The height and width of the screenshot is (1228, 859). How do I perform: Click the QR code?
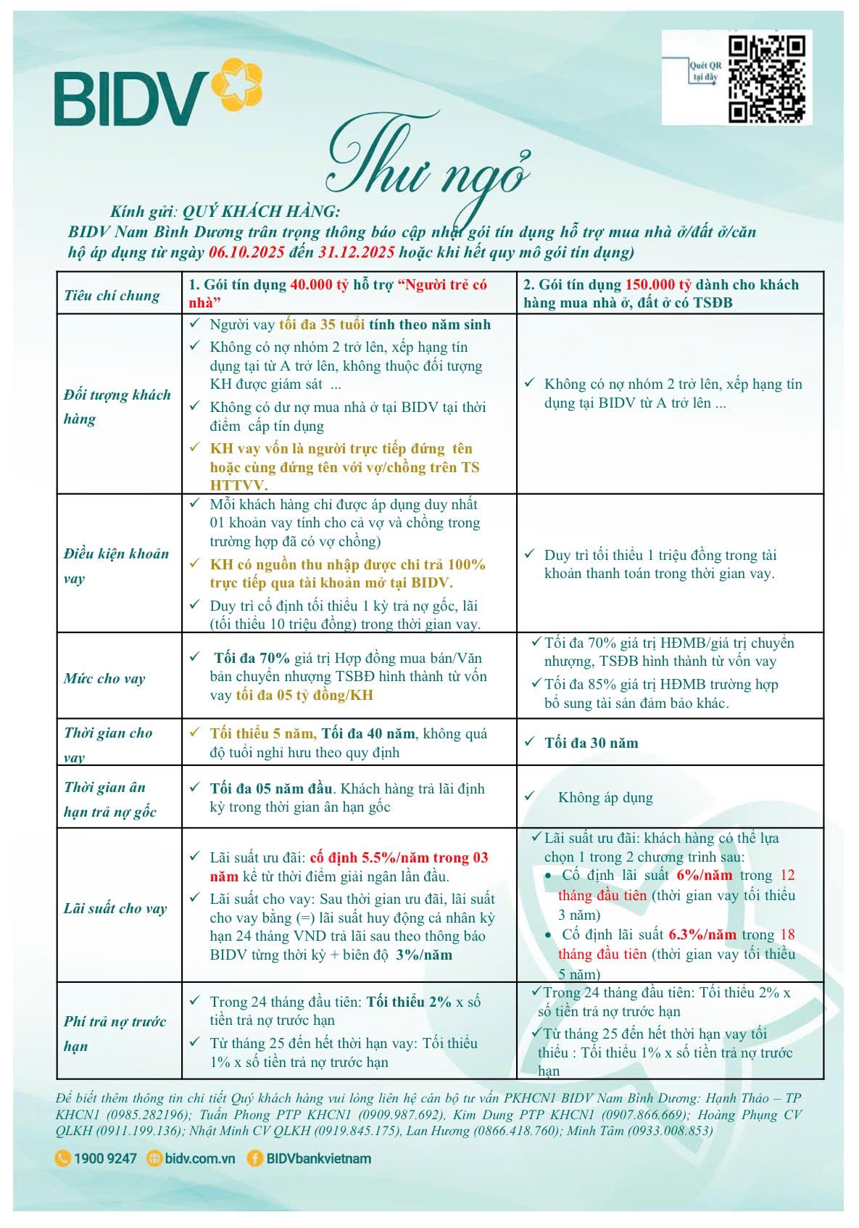coord(766,78)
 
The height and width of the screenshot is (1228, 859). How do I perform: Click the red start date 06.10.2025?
coord(246,252)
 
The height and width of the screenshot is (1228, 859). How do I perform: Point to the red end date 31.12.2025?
coord(356,252)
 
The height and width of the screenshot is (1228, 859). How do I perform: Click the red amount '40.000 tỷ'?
coord(320,285)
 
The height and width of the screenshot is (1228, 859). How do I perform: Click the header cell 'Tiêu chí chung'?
coord(112,295)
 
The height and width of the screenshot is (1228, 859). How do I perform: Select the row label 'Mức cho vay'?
coord(104,679)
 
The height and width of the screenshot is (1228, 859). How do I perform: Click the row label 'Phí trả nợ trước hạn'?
coord(115,1034)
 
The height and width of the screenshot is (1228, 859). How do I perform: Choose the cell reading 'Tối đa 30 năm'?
coord(591,743)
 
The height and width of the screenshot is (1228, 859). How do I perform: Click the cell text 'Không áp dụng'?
coord(605,798)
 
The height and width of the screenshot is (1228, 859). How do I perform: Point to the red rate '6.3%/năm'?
coord(702,935)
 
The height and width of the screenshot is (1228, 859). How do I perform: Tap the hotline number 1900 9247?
coord(104,1158)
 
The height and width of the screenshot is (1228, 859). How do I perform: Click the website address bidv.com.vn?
coord(199,1158)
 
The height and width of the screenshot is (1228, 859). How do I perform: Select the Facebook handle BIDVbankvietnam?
coord(318,1158)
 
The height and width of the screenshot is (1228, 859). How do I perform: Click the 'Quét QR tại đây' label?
coord(705,71)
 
